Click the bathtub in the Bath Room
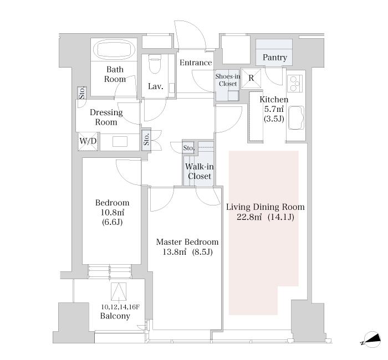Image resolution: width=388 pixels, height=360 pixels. tap(116, 49)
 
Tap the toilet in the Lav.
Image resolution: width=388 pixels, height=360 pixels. tap(155, 64)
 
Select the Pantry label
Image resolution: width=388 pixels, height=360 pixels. tap(275, 58)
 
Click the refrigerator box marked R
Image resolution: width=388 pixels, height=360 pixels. tap(251, 79)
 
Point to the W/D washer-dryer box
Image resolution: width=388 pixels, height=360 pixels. tap(88, 141)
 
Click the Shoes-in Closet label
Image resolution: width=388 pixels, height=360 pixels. tap(228, 80)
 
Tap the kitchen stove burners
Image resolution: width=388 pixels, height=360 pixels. tap(295, 84)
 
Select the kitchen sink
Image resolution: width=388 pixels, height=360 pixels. tap(296, 117)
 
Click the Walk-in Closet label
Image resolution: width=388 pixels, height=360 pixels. tap(199, 171)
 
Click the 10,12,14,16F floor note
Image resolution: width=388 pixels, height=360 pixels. tap(120, 307)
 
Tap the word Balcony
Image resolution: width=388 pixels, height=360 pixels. tap(115, 316)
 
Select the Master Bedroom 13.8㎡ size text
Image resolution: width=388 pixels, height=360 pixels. tap(187, 252)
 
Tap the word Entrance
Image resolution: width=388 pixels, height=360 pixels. tap(196, 63)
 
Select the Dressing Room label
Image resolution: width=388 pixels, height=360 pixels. tap(106, 117)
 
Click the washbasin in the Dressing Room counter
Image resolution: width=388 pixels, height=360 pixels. tap(120, 142)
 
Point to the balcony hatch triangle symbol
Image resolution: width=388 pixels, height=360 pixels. tap(119, 291)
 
